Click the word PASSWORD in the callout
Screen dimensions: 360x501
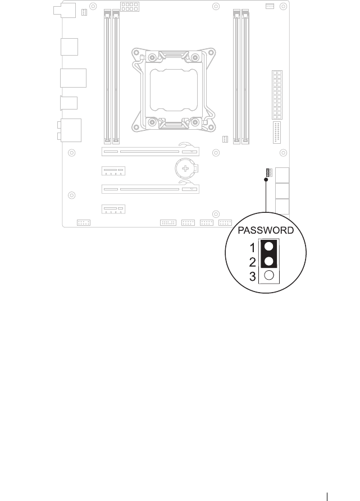click(x=266, y=230)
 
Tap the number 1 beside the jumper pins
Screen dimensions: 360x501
click(x=253, y=247)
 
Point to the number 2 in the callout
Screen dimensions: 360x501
click(x=253, y=262)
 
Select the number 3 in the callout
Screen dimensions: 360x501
click(x=253, y=276)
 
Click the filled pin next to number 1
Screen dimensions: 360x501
click(x=270, y=247)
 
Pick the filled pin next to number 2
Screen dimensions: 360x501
click(x=270, y=262)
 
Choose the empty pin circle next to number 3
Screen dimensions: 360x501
click(x=270, y=276)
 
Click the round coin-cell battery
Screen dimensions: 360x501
click(x=185, y=167)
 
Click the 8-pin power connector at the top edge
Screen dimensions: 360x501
click(x=129, y=7)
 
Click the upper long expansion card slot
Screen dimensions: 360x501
click(x=150, y=151)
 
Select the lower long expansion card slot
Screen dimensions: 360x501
click(x=150, y=189)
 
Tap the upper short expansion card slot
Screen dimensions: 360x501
click(x=113, y=170)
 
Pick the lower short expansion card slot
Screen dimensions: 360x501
click(x=113, y=209)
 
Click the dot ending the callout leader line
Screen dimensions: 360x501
click(x=266, y=180)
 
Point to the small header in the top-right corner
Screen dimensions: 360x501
click(x=269, y=6)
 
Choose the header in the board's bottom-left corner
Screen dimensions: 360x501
click(x=84, y=222)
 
